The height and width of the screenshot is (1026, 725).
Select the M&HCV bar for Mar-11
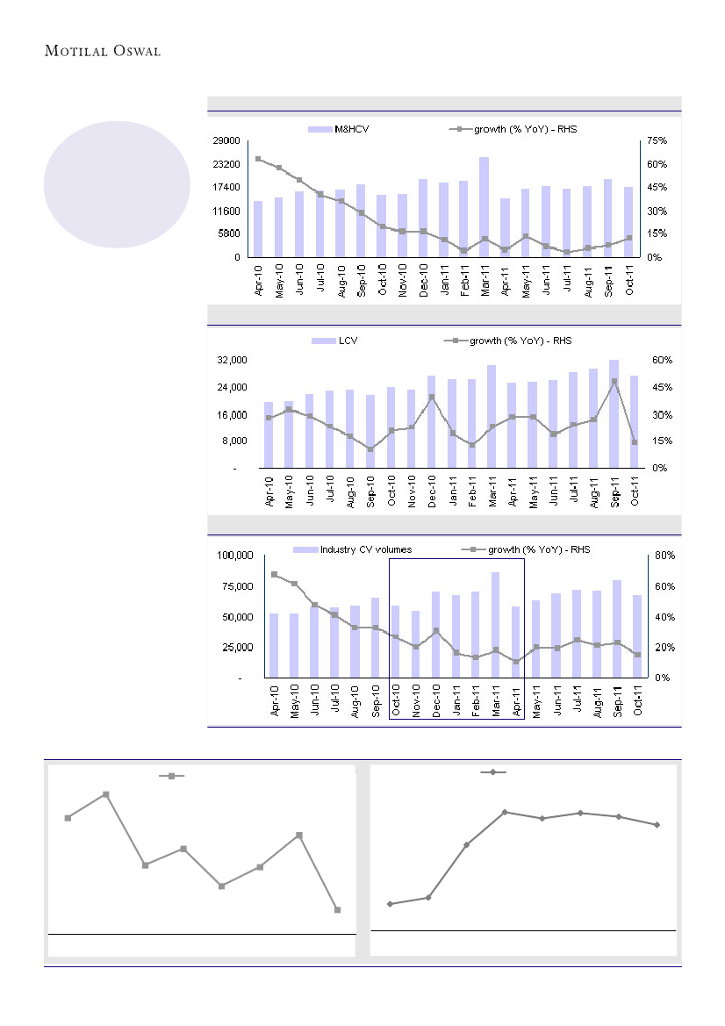[484, 207]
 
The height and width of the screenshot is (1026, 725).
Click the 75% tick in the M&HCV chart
[658, 140]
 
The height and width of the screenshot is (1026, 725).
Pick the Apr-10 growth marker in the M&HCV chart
[258, 159]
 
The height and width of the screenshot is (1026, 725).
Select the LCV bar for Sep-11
[614, 414]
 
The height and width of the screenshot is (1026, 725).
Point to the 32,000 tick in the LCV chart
[234, 360]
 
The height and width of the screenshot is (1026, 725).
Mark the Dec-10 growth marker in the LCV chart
[432, 397]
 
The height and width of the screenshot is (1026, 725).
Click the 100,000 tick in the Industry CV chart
[235, 556]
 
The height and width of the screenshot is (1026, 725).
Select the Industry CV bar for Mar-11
[495, 625]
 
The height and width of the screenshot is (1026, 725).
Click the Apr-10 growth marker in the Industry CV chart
[275, 575]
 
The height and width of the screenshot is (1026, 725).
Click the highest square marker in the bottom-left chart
[106, 794]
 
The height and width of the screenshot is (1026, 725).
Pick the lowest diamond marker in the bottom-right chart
[390, 904]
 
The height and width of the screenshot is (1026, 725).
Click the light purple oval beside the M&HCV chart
[118, 184]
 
